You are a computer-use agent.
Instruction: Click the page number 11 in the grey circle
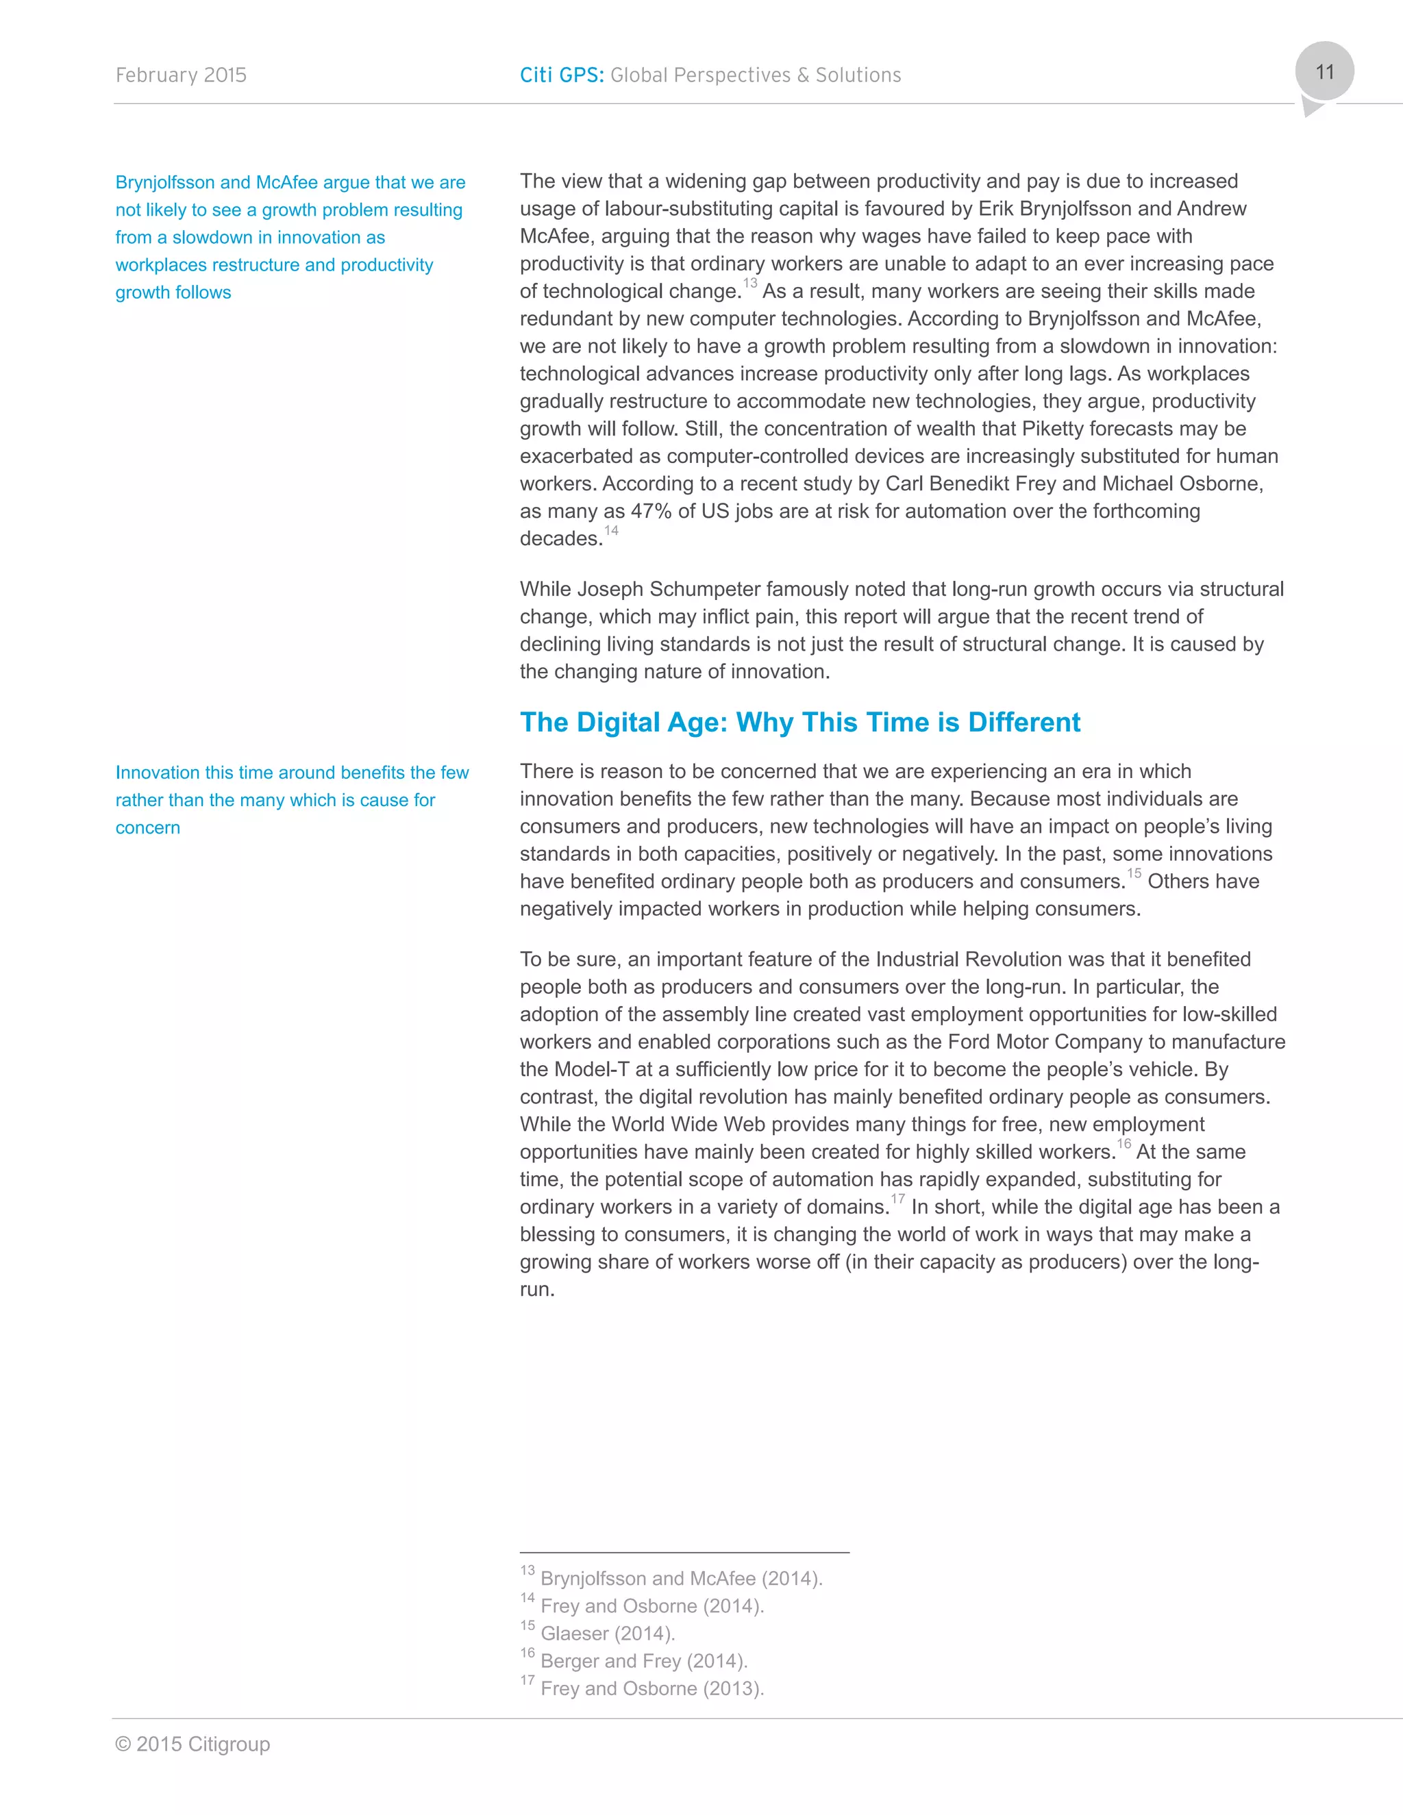coord(1324,73)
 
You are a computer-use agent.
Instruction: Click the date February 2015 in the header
coord(181,75)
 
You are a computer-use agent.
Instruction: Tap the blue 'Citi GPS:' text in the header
coord(562,75)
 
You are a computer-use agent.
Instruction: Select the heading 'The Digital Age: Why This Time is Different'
coord(799,722)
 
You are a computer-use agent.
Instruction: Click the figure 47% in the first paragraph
coord(651,511)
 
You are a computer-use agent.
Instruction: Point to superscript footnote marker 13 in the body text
coord(749,284)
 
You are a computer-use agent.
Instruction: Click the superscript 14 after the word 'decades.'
coord(612,531)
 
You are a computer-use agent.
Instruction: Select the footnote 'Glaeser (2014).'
coord(607,1633)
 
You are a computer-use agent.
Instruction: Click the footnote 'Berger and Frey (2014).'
coord(643,1662)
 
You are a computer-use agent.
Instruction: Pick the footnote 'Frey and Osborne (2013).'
coord(651,1689)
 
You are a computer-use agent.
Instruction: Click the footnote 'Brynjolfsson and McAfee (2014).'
coord(681,1579)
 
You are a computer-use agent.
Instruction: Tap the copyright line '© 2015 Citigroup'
coord(193,1744)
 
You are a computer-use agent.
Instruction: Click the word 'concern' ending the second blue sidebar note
coord(148,828)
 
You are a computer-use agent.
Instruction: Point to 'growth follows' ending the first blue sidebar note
coord(174,292)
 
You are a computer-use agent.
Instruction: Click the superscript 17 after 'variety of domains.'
coord(897,1199)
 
